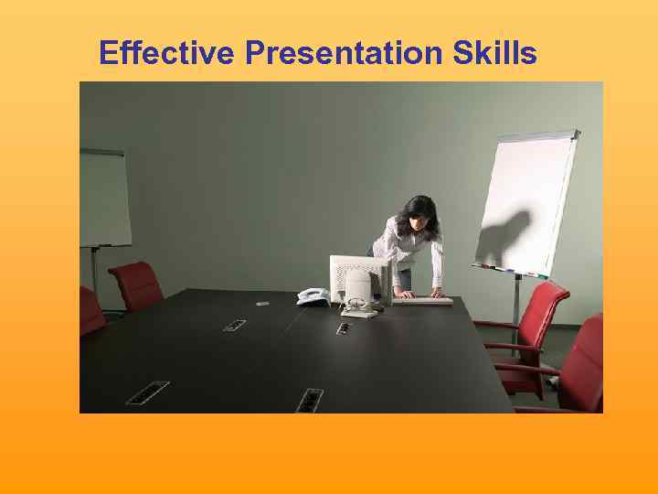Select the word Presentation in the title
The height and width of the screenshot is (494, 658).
[344, 54]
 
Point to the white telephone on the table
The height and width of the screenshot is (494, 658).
[312, 295]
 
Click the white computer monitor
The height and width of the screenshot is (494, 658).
[359, 276]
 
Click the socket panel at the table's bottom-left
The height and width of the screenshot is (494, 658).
[147, 392]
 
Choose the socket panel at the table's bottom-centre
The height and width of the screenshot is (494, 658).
[309, 400]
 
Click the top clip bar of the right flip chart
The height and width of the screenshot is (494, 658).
[538, 135]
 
